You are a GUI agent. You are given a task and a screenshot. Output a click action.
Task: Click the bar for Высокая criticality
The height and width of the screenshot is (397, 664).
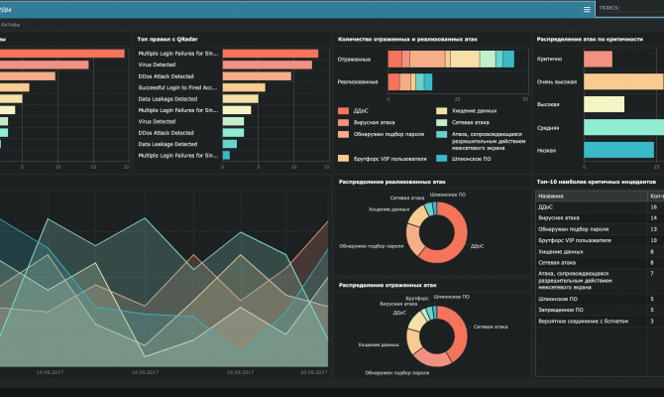tap(604, 104)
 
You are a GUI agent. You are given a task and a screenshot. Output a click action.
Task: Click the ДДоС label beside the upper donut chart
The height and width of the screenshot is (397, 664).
tap(476, 245)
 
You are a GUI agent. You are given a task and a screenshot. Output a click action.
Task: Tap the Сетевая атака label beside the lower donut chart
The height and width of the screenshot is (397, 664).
tap(491, 326)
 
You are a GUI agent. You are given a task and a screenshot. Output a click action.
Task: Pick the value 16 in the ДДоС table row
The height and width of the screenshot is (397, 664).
tap(653, 206)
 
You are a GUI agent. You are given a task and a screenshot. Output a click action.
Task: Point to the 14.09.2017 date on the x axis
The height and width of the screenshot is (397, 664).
tap(50, 372)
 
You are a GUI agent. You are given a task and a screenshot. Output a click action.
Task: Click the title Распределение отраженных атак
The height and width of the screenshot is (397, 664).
tap(387, 284)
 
